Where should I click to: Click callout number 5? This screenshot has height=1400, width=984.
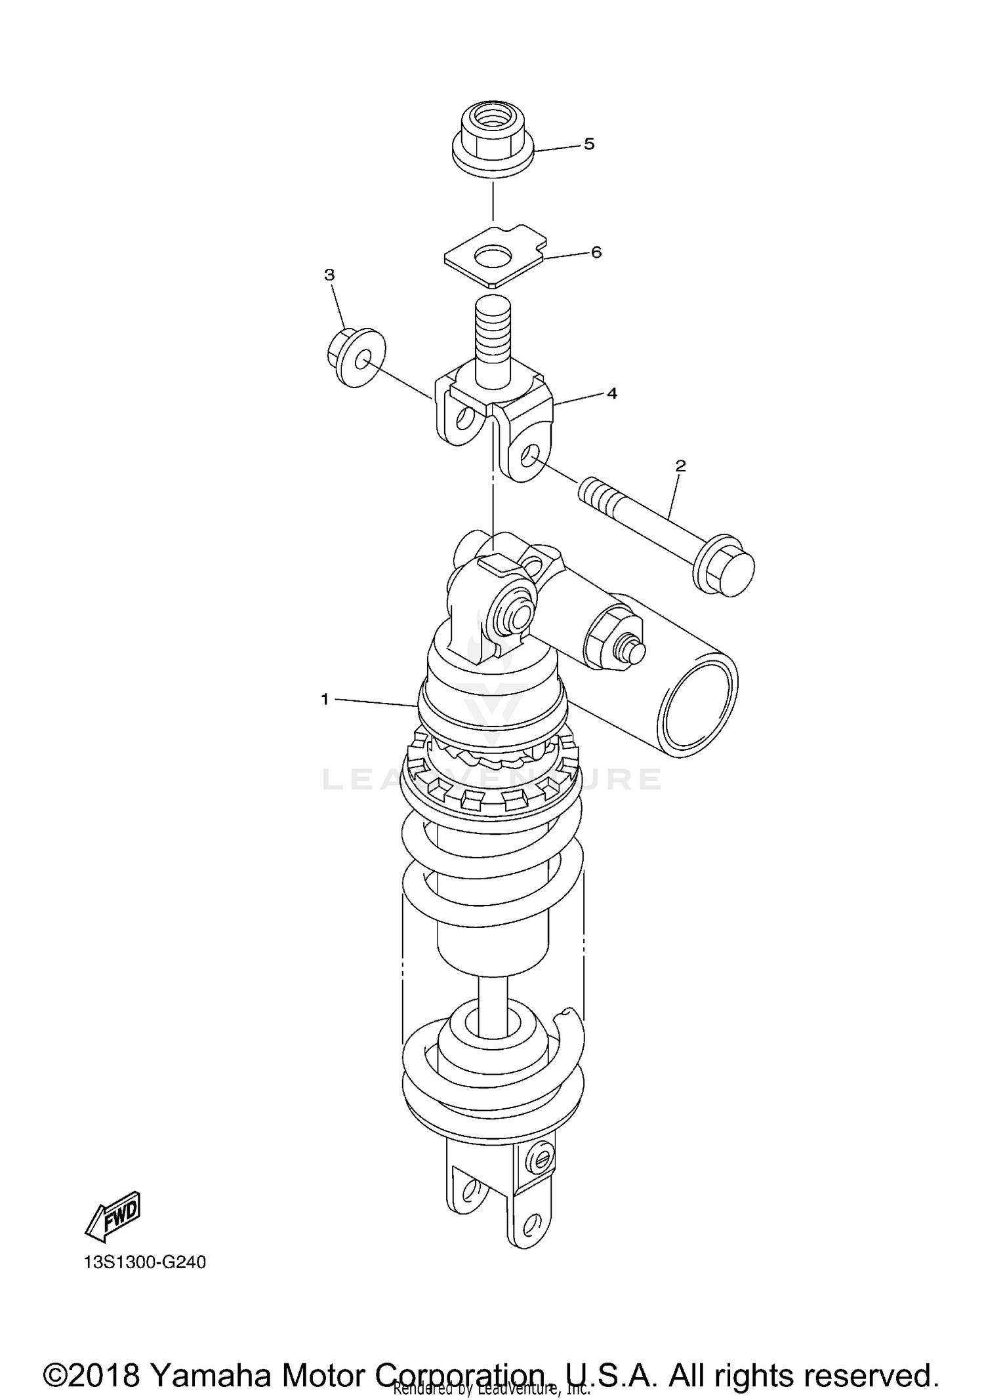tap(588, 144)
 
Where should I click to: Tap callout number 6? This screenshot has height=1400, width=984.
tap(596, 252)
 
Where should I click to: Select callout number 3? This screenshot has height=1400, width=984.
tap(329, 275)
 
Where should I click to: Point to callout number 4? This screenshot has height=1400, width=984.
tap(611, 393)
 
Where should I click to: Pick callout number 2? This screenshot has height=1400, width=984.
tap(680, 466)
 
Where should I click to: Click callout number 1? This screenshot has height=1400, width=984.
tap(324, 700)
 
